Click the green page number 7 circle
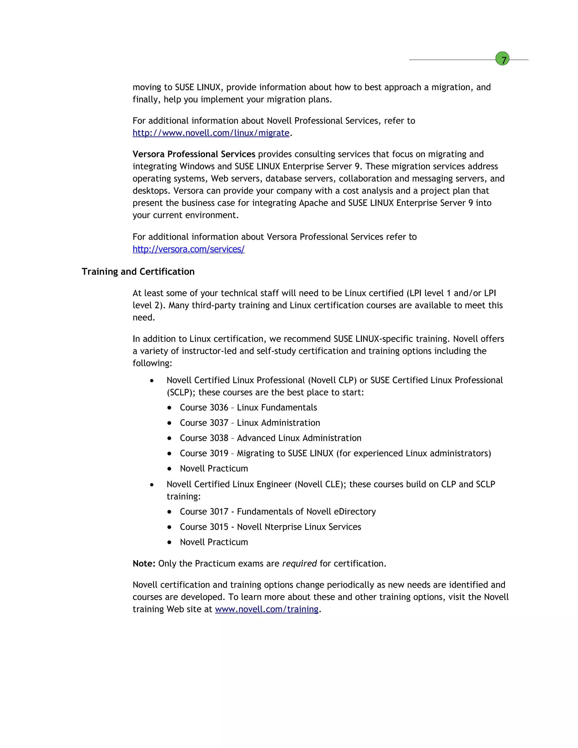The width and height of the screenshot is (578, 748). [502, 59]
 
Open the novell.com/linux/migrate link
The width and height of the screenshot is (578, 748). [211, 133]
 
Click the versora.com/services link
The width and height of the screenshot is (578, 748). [188, 249]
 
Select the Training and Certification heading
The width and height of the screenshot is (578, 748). [138, 272]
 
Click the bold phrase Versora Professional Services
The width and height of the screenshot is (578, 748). [194, 154]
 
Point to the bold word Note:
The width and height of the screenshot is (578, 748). [144, 563]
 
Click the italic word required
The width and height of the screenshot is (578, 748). [299, 563]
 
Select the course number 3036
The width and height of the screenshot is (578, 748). [219, 408]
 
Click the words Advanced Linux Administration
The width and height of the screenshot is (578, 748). [299, 438]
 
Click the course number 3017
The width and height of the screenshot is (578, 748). [219, 511]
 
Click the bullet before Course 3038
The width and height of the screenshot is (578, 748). [169, 438]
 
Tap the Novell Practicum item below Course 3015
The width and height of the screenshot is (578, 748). [214, 542]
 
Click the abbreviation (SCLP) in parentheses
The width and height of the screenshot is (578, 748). [181, 393]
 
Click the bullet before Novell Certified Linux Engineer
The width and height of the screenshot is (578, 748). [152, 485]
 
